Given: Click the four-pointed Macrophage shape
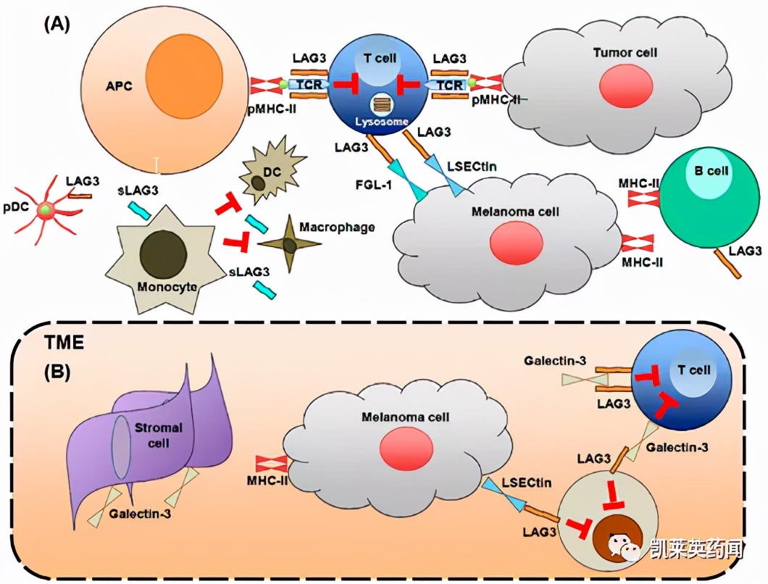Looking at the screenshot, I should click(x=289, y=244).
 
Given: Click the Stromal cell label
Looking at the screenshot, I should click(x=156, y=435).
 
